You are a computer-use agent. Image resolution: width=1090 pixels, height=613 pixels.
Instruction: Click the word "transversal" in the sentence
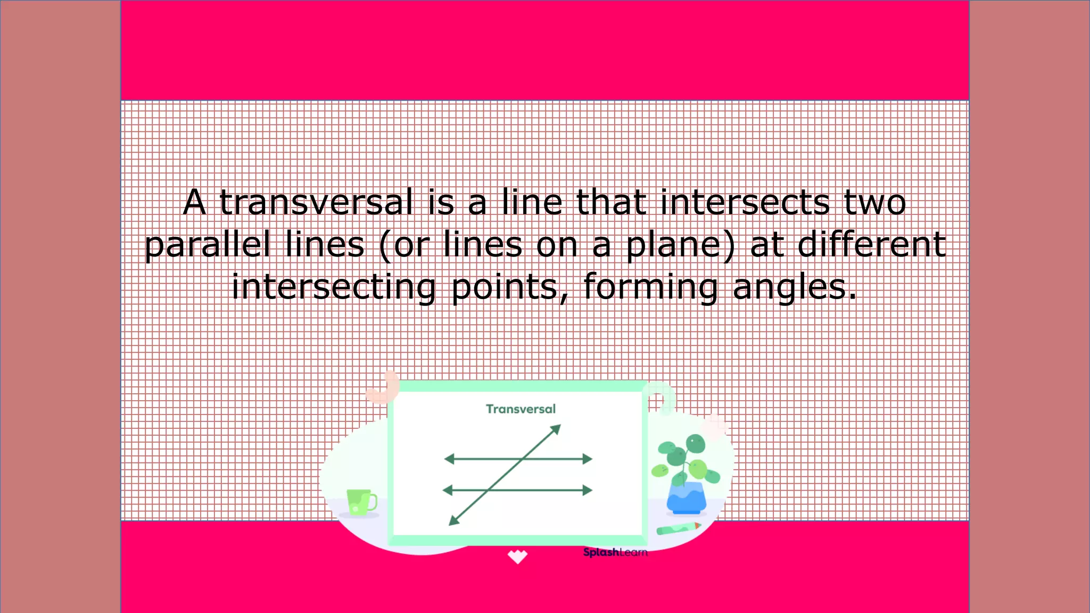click(316, 203)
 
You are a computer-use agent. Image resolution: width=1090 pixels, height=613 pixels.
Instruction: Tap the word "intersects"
click(745, 203)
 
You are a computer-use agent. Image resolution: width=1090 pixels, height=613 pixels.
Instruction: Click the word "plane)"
click(680, 246)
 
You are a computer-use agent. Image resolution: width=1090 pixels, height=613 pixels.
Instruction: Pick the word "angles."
click(795, 288)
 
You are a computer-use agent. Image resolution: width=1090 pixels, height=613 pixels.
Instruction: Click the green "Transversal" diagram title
click(521, 409)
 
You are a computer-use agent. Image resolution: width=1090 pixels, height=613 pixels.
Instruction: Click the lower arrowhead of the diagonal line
click(454, 520)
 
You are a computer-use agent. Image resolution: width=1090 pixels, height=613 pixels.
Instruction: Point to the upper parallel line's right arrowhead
click(587, 459)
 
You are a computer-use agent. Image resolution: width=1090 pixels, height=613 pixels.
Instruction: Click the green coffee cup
click(360, 502)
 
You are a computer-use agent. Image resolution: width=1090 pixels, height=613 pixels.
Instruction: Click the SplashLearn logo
click(615, 552)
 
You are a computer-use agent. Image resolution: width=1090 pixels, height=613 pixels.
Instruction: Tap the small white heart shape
click(517, 557)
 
